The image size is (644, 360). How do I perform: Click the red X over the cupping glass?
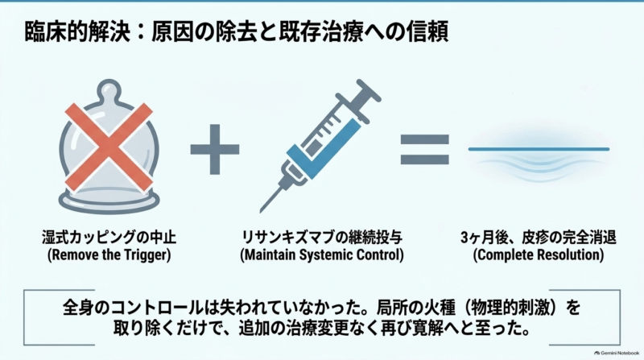(109, 147)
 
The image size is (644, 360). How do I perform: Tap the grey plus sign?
(214, 149)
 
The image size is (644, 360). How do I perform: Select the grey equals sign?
(425, 150)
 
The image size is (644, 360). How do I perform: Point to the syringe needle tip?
(261, 211)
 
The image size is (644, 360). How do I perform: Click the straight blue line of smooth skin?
(539, 149)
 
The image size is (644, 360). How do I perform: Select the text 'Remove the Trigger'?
(109, 254)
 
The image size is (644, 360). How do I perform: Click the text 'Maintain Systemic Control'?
(321, 254)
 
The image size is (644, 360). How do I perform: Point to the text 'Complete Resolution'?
(539, 254)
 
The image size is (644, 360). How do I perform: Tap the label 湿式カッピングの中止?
(109, 237)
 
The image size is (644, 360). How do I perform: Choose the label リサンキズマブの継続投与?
(321, 237)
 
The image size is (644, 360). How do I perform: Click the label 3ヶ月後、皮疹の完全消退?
(539, 237)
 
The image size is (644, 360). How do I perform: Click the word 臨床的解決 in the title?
(77, 32)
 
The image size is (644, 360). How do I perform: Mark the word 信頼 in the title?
(427, 32)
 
